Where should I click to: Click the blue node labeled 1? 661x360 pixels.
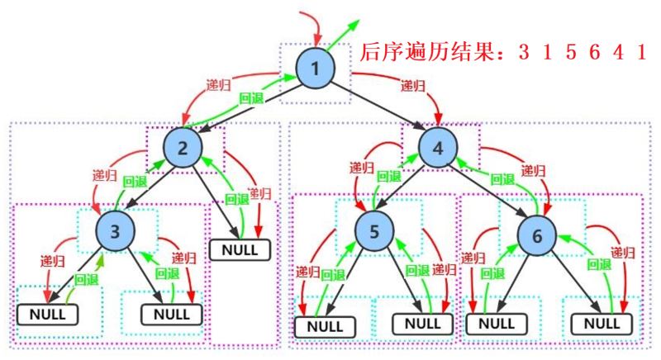pyautogui.click(x=316, y=69)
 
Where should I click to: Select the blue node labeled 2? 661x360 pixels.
pyautogui.click(x=183, y=148)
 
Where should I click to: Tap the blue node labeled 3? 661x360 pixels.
pyautogui.click(x=115, y=231)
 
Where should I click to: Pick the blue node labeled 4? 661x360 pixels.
pyautogui.click(x=438, y=148)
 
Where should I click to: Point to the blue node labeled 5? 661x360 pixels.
pyautogui.click(x=374, y=231)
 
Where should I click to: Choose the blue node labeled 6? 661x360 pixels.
pyautogui.click(x=537, y=236)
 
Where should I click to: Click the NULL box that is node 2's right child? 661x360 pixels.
pyautogui.click(x=240, y=250)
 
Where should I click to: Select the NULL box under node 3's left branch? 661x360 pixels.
pyautogui.click(x=48, y=314)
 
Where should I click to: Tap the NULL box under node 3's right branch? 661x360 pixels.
pyautogui.click(x=172, y=314)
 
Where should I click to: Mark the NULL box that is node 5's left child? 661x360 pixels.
pyautogui.click(x=325, y=327)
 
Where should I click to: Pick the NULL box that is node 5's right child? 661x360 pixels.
pyautogui.click(x=423, y=324)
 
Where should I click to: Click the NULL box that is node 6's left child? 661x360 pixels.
pyautogui.click(x=497, y=324)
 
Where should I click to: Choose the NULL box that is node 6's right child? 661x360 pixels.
pyautogui.click(x=602, y=324)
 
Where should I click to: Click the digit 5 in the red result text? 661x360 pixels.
pyautogui.click(x=571, y=52)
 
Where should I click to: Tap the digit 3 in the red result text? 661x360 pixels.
pyautogui.click(x=524, y=52)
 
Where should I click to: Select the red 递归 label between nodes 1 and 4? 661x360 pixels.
pyautogui.click(x=413, y=87)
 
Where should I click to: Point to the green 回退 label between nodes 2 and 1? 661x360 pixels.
pyautogui.click(x=251, y=98)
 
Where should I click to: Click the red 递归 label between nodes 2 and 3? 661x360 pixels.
pyautogui.click(x=105, y=175)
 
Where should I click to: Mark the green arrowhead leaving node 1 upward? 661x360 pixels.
pyautogui.click(x=354, y=26)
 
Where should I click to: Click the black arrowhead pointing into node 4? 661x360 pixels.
pyautogui.click(x=420, y=125)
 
